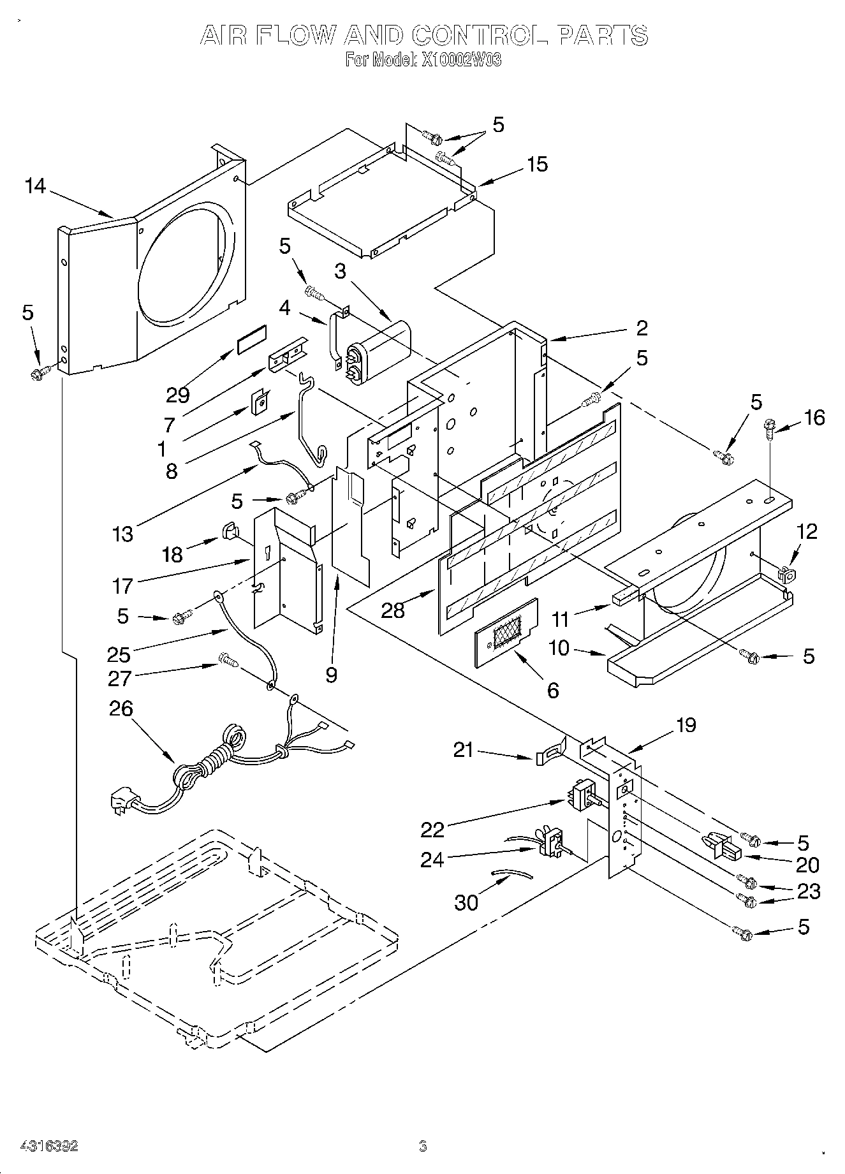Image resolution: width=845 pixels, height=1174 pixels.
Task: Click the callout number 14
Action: (x=36, y=186)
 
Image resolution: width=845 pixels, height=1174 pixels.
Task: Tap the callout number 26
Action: (x=122, y=708)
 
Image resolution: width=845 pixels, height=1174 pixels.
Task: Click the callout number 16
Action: (x=814, y=418)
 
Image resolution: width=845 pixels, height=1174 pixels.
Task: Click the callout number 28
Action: (x=393, y=610)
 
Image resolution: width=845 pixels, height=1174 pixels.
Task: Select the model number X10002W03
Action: (x=460, y=61)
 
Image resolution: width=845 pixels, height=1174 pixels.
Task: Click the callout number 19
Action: (x=686, y=725)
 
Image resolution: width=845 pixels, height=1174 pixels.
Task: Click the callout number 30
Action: (x=466, y=902)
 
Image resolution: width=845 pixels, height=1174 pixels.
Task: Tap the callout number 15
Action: (x=538, y=164)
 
